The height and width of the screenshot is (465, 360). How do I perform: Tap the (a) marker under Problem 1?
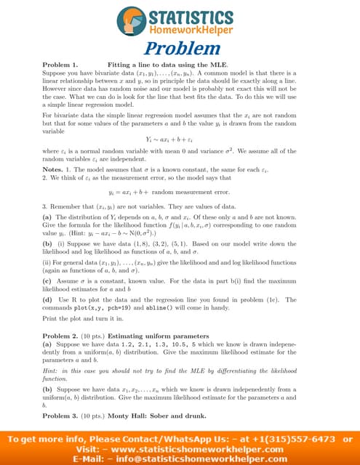[x=47, y=217]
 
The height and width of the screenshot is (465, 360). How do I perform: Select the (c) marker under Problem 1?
[x=47, y=280]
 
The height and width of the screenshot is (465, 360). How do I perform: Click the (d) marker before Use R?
[x=47, y=300]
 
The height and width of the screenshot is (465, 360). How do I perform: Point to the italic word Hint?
[x=52, y=371]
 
